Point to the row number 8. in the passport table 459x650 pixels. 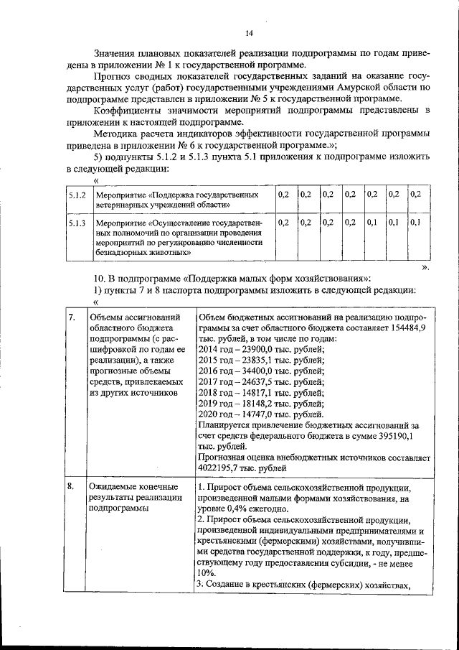72,486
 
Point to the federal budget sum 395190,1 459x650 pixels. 411,435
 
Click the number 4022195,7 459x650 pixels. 221,468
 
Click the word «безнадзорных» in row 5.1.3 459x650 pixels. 122,252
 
